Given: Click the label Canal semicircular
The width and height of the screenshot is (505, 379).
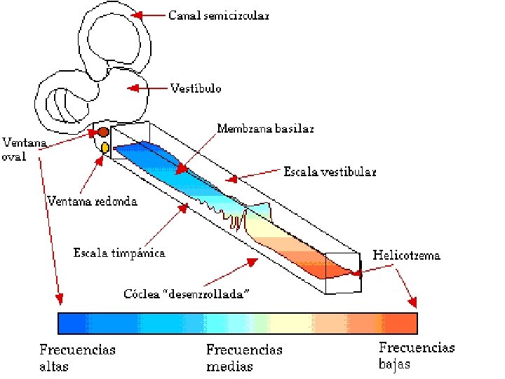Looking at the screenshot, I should click(218, 15).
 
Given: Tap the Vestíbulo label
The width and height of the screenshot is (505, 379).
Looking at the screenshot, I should click(196, 88).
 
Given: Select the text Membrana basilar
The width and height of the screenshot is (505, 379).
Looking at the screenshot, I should click(265, 129).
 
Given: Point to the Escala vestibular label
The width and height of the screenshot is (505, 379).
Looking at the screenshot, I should click(330, 171).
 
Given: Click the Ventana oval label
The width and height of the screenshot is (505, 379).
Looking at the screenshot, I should click(23, 149).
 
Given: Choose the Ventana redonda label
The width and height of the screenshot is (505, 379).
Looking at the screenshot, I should click(92, 201).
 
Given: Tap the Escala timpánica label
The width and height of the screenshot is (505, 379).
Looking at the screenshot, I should click(119, 253).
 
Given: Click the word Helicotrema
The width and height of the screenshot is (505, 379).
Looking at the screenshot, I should click(406, 255).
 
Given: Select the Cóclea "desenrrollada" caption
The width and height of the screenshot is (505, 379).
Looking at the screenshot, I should click(187, 293).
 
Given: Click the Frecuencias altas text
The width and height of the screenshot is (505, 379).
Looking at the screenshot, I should click(77, 357).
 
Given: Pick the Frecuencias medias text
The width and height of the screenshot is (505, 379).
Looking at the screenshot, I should click(244, 357).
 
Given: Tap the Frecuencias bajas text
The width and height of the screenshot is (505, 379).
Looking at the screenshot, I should click(417, 355).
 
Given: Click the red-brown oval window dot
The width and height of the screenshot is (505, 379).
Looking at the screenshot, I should click(103, 132).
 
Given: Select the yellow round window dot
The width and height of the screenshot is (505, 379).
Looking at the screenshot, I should click(105, 147).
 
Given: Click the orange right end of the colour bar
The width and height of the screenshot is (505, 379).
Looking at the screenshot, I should click(403, 323).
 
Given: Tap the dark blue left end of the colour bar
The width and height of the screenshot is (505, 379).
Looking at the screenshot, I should click(70, 323).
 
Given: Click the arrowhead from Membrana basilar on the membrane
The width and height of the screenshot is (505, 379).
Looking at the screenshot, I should click(182, 169).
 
